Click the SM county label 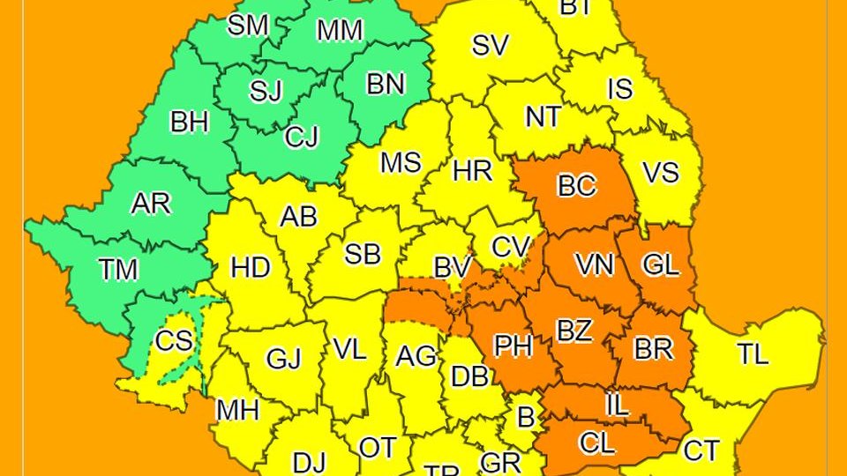[248, 26]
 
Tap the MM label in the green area [340, 30]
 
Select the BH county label [190, 122]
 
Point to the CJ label [302, 138]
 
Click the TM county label [118, 269]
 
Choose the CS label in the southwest [174, 340]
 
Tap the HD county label [251, 267]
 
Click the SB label [362, 255]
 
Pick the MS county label [401, 163]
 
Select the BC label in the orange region [577, 186]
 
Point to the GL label [662, 264]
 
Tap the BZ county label [574, 331]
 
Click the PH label [512, 346]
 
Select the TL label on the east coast [753, 354]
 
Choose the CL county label [596, 443]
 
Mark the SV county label [491, 45]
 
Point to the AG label [416, 356]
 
